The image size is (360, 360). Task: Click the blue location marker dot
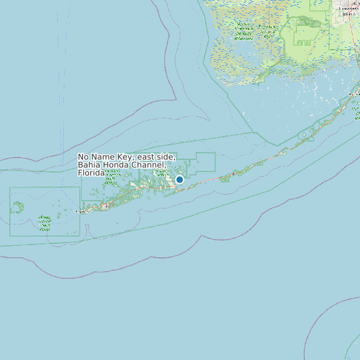click(179, 179)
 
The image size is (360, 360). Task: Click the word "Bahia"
click(90, 165)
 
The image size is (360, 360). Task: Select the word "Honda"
click(119, 165)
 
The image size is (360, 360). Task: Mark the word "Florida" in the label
click(91, 173)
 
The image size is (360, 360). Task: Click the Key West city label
click(82, 212)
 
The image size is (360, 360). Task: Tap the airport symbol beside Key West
click(104, 206)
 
